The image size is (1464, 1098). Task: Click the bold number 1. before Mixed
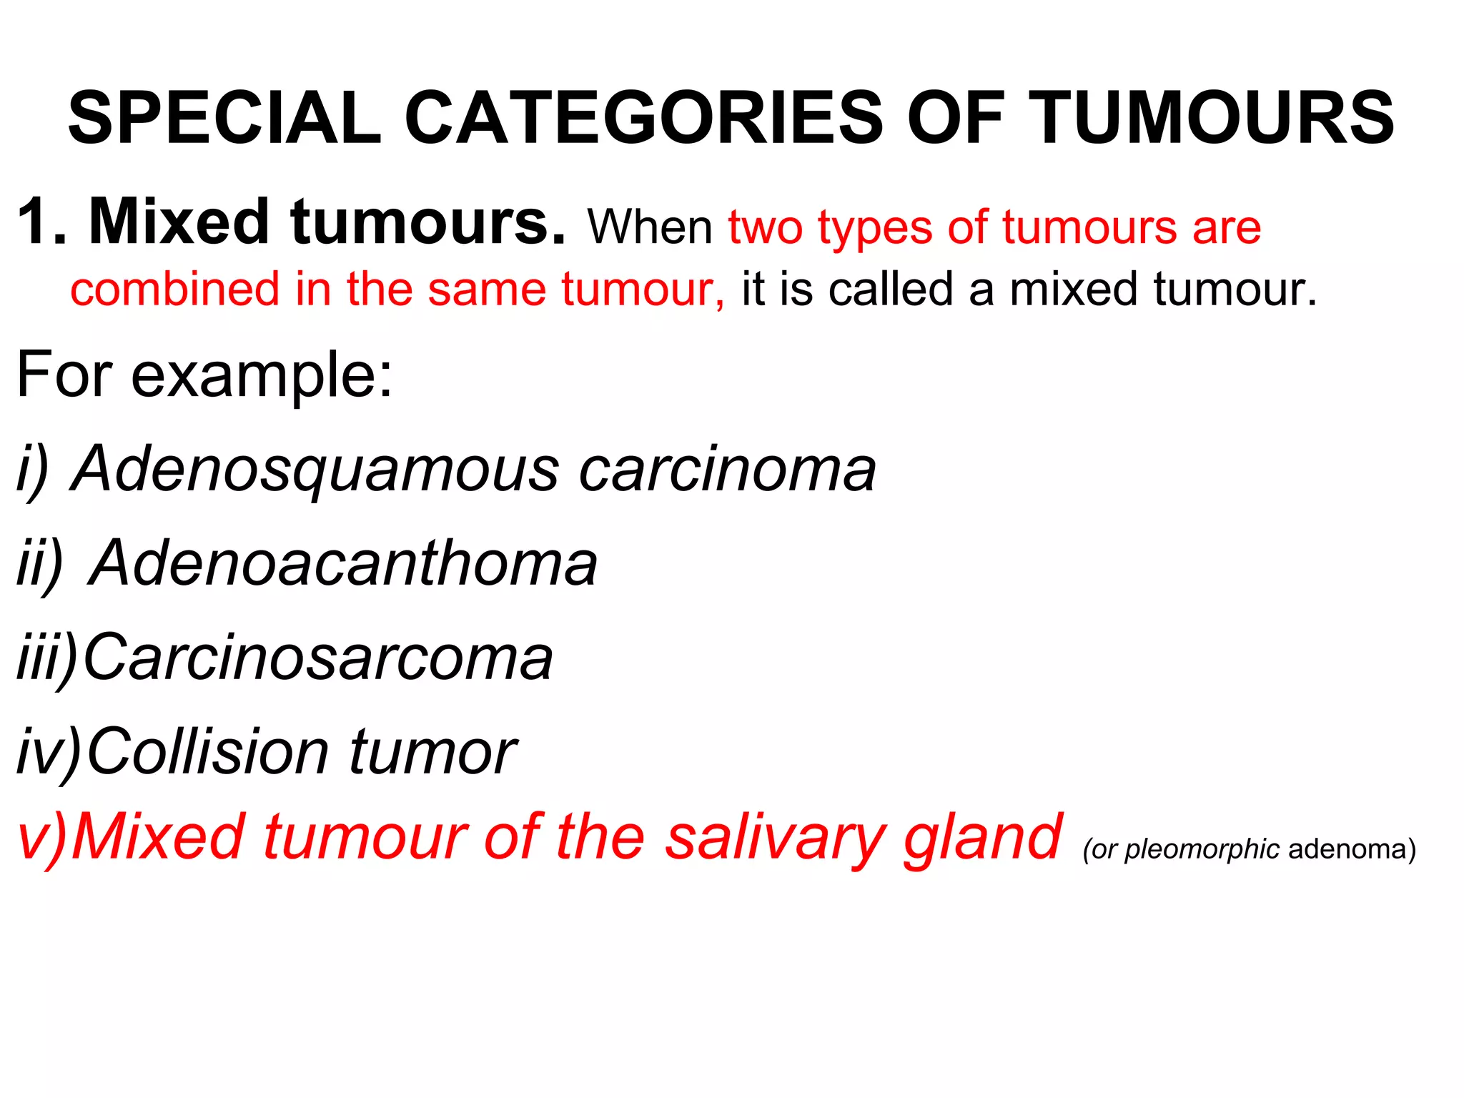click(x=42, y=222)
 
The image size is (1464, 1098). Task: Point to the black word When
click(x=650, y=228)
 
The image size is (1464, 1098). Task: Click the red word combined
click(x=174, y=290)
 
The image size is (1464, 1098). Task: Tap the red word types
click(x=875, y=229)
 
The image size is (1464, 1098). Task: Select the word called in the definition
click(x=891, y=290)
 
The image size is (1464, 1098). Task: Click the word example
click(x=262, y=376)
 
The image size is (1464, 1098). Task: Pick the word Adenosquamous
click(x=315, y=471)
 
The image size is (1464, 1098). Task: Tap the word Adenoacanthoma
click(x=343, y=565)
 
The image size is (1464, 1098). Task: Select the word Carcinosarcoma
click(x=318, y=658)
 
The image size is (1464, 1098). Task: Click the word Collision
click(x=208, y=752)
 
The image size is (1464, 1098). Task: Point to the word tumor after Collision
click(x=432, y=752)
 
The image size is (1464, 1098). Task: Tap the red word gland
click(x=983, y=838)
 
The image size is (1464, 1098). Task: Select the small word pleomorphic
click(x=1202, y=849)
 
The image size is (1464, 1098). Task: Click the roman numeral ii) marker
click(x=39, y=565)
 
